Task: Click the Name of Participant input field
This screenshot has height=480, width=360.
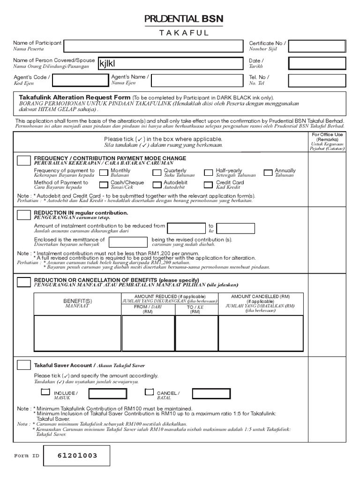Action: click(x=153, y=46)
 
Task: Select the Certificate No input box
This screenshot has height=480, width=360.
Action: click(x=317, y=46)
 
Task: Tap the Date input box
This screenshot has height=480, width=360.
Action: click(x=317, y=64)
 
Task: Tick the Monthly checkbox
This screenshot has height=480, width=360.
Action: click(x=103, y=172)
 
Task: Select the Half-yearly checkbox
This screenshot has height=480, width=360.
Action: click(x=208, y=172)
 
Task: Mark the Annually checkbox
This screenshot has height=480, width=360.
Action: click(x=268, y=172)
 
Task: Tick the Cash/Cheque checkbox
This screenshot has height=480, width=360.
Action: click(x=103, y=185)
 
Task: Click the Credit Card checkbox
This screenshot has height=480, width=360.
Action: click(x=208, y=185)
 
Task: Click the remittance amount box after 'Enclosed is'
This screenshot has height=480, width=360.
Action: click(x=126, y=242)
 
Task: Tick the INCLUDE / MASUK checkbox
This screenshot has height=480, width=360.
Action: click(x=45, y=392)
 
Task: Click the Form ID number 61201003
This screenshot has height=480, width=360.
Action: click(x=77, y=456)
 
